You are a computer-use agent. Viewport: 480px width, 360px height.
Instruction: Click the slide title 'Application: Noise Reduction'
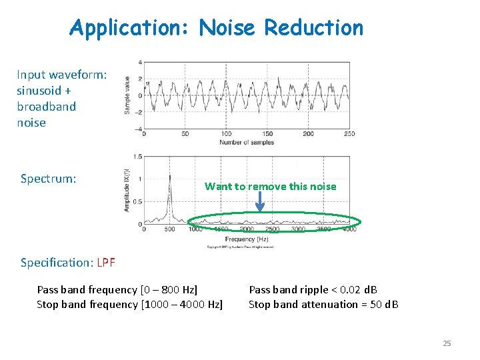click(x=217, y=28)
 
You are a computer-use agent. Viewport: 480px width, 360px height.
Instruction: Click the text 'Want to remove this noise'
click(x=270, y=187)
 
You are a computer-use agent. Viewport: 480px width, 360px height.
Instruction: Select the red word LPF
click(x=106, y=263)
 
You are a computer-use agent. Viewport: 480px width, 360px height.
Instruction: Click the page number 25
click(x=447, y=343)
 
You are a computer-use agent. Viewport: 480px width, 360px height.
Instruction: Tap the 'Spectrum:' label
click(x=48, y=179)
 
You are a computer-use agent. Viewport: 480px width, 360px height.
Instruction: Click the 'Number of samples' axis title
click(x=247, y=142)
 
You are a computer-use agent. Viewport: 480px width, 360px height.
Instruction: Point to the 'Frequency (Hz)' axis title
click(x=247, y=238)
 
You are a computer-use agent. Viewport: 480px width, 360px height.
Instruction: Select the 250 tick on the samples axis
click(x=348, y=134)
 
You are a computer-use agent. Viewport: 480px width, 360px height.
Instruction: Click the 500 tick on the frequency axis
click(x=169, y=230)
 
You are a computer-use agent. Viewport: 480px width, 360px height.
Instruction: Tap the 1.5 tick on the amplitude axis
click(x=137, y=157)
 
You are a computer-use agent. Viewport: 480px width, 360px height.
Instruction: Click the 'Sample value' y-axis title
click(x=127, y=95)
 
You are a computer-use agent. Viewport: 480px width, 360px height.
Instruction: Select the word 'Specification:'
click(x=57, y=263)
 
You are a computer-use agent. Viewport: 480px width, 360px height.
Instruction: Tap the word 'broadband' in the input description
click(x=46, y=107)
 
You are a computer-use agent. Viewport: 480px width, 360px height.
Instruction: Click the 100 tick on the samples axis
click(x=226, y=134)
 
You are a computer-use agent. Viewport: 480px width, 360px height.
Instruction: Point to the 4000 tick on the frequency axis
click(x=349, y=230)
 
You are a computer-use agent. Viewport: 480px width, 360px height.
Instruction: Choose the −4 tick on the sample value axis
click(x=139, y=129)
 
